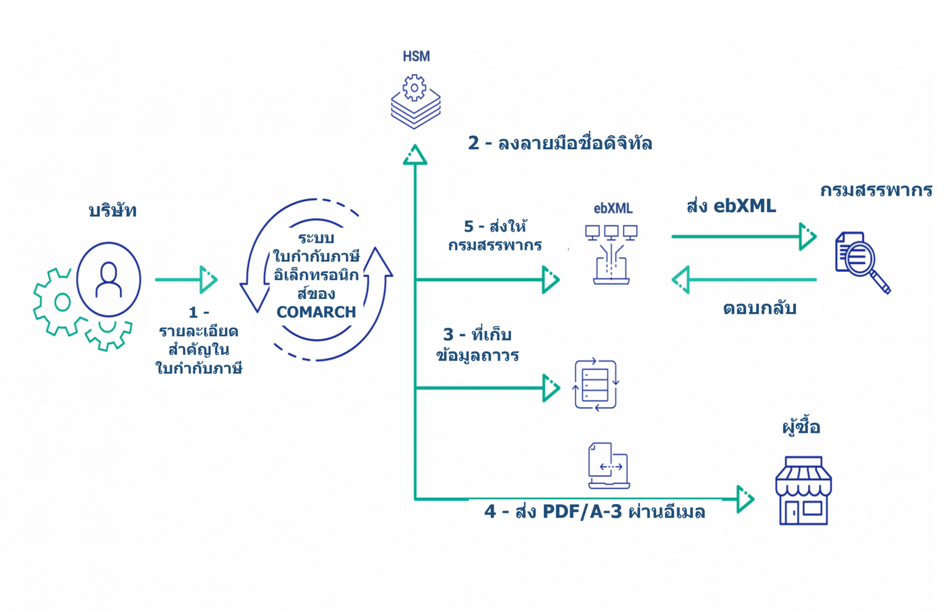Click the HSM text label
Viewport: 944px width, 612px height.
coord(417,57)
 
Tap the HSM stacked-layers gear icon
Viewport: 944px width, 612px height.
coord(415,102)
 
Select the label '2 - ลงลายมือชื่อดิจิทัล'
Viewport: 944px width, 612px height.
coord(560,144)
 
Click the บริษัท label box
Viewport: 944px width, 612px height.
coord(113,211)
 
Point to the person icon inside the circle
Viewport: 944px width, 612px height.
coord(109,279)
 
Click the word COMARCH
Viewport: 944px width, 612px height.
coord(316,312)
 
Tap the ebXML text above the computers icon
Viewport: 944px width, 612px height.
coord(613,208)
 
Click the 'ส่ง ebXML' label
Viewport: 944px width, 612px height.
coord(731,206)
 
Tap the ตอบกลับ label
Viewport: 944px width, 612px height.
coord(759,308)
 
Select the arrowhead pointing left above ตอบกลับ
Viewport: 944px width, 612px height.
coord(681,279)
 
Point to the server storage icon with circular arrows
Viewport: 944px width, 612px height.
coord(596,385)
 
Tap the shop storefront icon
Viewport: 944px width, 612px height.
coord(803,491)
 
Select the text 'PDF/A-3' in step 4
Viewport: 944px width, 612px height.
coord(582,512)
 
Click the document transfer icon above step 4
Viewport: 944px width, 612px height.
coord(609,466)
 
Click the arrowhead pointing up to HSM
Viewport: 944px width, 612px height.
coord(415,155)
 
